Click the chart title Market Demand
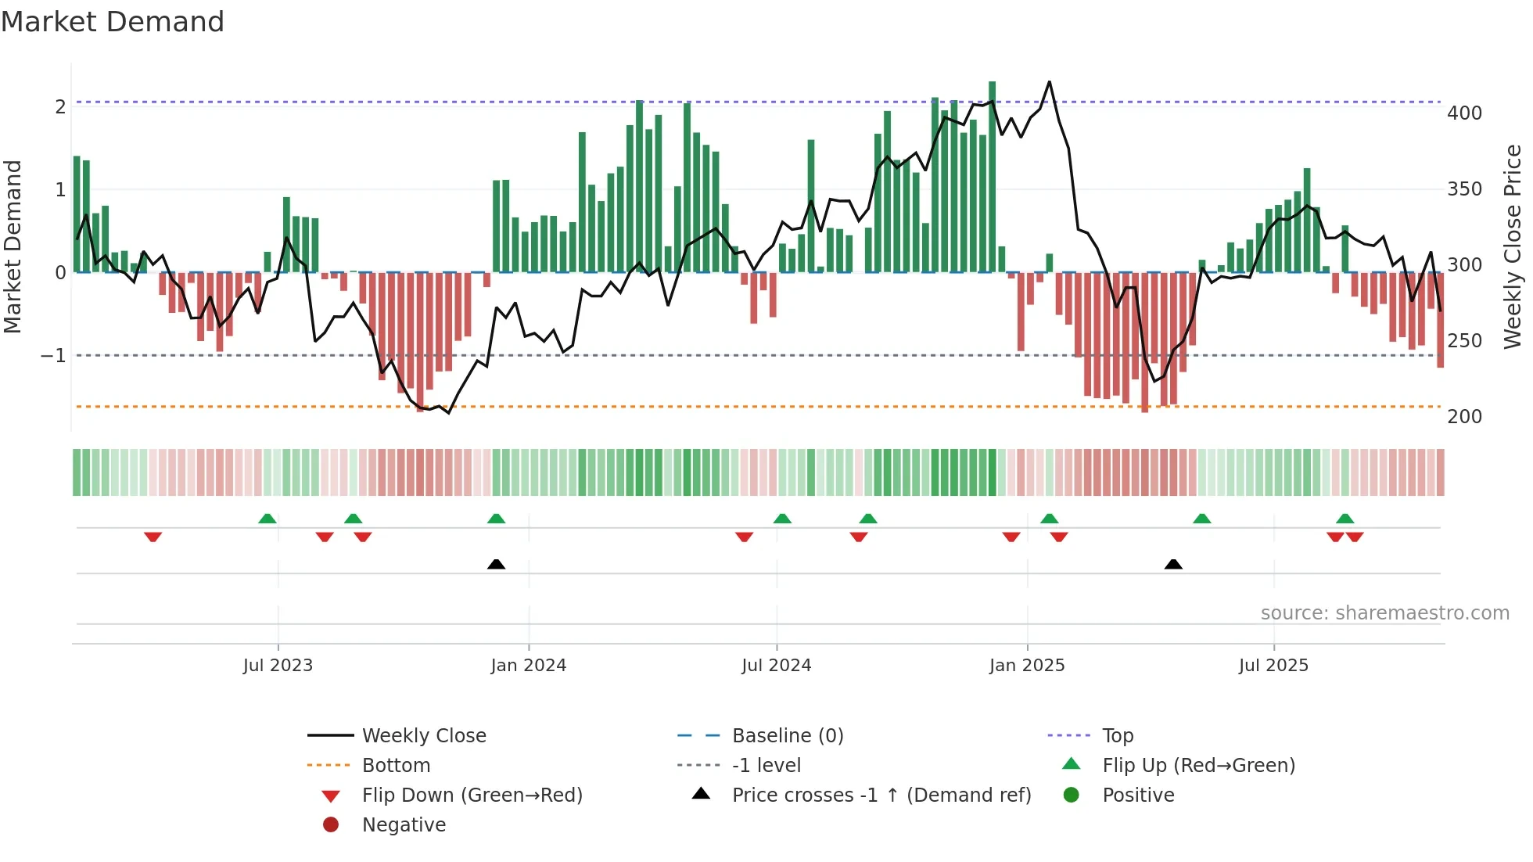point(113,22)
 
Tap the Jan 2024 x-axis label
point(528,666)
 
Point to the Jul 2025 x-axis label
point(1273,666)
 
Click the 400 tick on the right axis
point(1464,113)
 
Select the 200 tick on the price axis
point(1464,417)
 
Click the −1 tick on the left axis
point(53,356)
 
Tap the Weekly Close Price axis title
point(1513,246)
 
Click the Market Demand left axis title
point(13,246)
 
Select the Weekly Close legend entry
point(423,736)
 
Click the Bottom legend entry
point(396,766)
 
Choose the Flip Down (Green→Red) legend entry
point(472,796)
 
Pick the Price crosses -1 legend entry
point(881,796)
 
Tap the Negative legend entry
point(404,825)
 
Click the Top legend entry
point(1117,736)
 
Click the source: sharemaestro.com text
point(1384,613)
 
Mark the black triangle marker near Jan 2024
point(496,564)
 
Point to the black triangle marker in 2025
point(1172,564)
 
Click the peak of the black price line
point(1049,81)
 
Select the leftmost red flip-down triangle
point(153,537)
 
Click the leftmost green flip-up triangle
point(267,519)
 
